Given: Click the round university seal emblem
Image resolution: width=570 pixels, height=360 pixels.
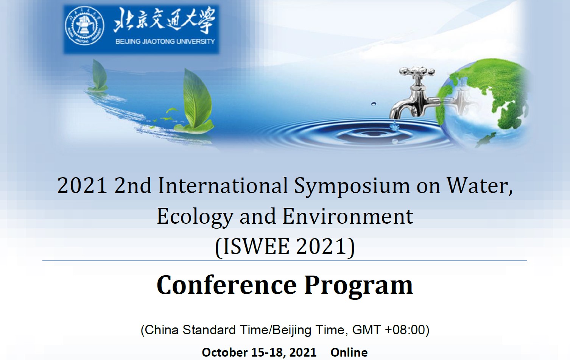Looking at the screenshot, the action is [84, 26].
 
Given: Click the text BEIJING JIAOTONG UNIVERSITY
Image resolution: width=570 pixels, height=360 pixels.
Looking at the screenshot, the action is [165, 42].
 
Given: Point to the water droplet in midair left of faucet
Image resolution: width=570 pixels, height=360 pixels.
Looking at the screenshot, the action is [374, 104].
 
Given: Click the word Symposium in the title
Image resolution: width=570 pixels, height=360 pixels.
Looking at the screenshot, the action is [352, 186].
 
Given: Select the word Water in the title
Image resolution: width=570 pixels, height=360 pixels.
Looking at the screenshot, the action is [480, 186].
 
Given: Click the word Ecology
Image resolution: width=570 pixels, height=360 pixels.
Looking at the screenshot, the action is [195, 217].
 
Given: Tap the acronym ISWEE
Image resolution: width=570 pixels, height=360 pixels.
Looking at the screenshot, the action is [256, 246].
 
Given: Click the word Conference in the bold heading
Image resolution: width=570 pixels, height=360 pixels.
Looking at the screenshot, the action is [227, 285].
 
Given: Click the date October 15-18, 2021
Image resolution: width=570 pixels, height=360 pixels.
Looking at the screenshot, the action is [259, 353].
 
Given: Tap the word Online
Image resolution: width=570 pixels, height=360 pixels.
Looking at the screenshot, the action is [349, 352].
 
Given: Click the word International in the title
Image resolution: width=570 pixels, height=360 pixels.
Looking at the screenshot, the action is [223, 186].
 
